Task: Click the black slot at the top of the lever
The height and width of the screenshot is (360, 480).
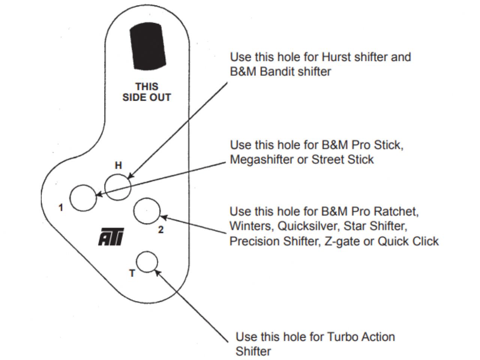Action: pos(148,47)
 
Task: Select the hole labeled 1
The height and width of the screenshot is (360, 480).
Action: pos(83,198)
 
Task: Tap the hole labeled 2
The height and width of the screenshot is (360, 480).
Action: pos(147,212)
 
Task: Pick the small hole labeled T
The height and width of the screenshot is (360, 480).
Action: pos(147,261)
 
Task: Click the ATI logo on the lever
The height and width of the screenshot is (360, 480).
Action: pos(111,237)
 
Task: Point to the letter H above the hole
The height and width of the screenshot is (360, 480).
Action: pos(118,166)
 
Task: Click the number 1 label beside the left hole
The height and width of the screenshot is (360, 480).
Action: pos(61,208)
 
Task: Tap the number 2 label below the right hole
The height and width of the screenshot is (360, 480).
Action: pos(161,230)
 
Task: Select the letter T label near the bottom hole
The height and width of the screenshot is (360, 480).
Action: pos(132,273)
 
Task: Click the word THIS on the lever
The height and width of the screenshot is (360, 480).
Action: pos(147,87)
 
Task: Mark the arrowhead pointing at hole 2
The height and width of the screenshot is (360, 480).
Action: pos(163,217)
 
